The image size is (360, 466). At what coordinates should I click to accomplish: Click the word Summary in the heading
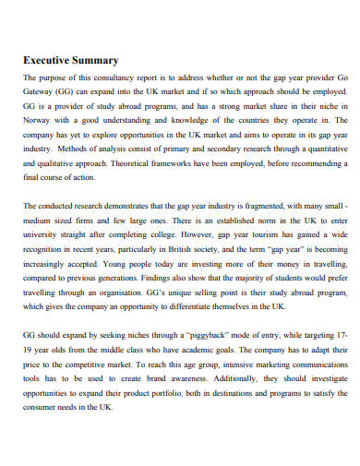point(96,61)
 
